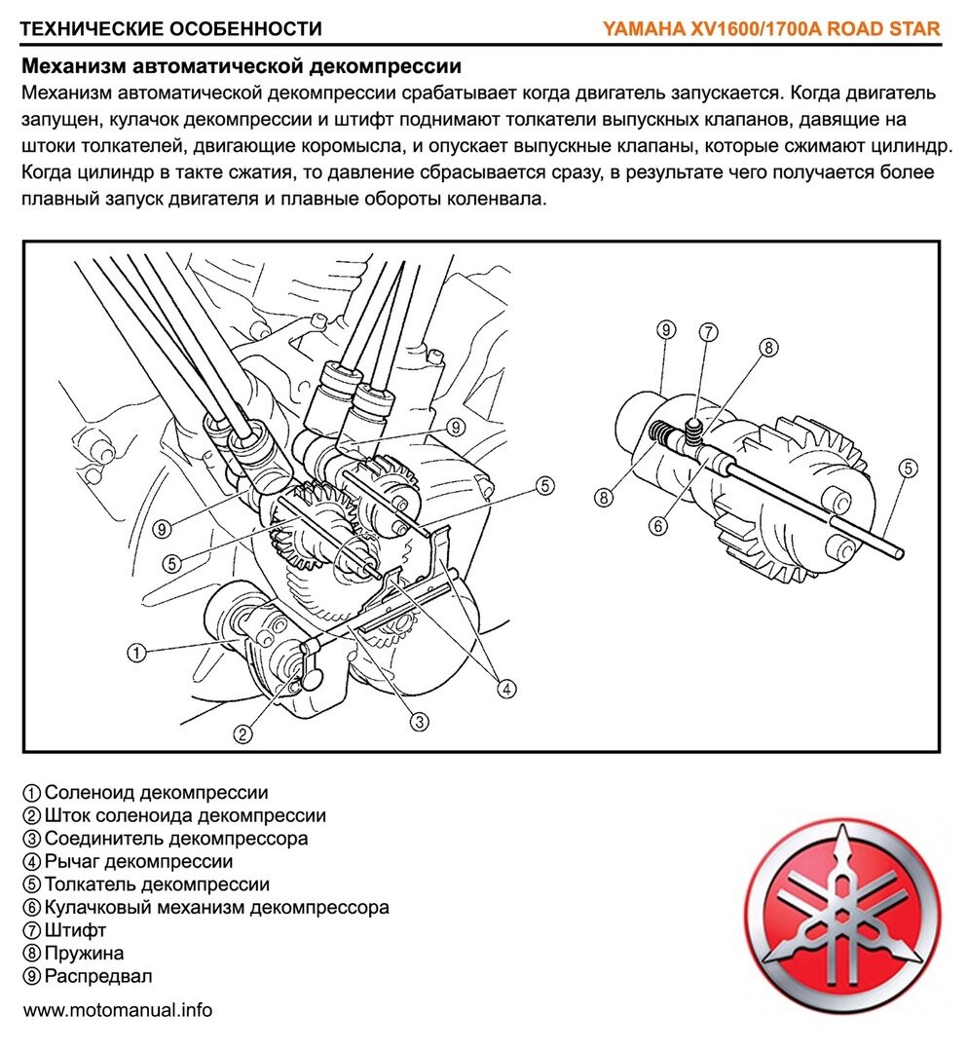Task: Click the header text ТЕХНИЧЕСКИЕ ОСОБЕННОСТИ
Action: pos(170,28)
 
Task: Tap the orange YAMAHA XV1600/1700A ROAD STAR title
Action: pos(771,28)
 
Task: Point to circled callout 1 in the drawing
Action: pos(137,653)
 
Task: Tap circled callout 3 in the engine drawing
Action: pos(419,721)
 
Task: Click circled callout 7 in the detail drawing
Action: pos(708,332)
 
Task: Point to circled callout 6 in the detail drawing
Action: pos(659,525)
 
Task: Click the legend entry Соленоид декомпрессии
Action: pos(156,793)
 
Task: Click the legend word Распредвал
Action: pos(98,976)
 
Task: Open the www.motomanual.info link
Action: pos(118,1010)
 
